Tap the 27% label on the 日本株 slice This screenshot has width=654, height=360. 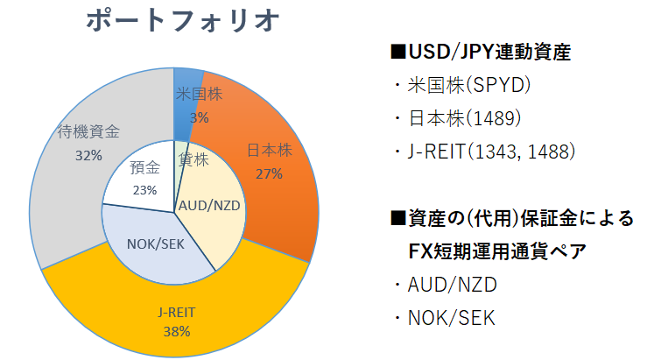pos(269,173)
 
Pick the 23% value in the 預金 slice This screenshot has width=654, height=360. pos(144,190)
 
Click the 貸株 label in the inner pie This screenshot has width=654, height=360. pos(193,160)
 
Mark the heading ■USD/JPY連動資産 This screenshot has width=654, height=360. pos(481,53)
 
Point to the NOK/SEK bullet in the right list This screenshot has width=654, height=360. pos(452,317)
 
